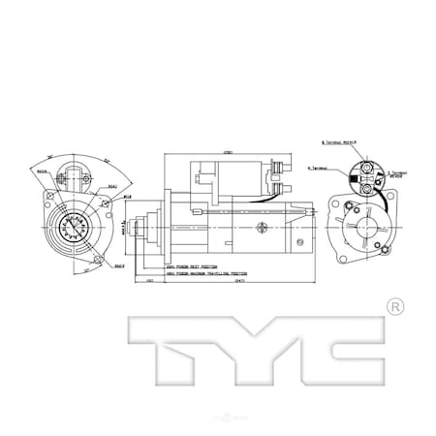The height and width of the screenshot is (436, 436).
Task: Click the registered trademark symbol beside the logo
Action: pos(394,307)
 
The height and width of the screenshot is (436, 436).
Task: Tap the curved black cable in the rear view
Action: pos(381,198)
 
